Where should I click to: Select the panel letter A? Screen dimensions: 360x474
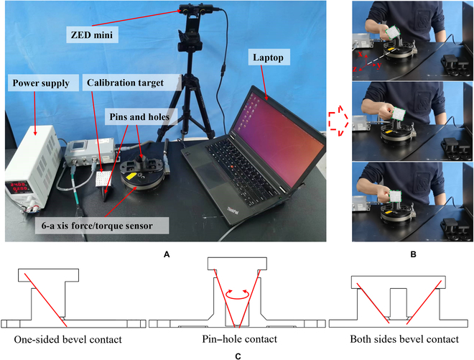[167, 254]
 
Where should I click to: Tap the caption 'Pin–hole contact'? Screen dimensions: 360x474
[236, 338]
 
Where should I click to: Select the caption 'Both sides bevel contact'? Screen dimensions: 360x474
[404, 338]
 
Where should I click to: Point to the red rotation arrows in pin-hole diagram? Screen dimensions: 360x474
[236, 294]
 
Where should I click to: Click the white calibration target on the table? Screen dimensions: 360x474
[106, 176]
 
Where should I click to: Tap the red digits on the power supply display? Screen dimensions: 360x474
[19, 186]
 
